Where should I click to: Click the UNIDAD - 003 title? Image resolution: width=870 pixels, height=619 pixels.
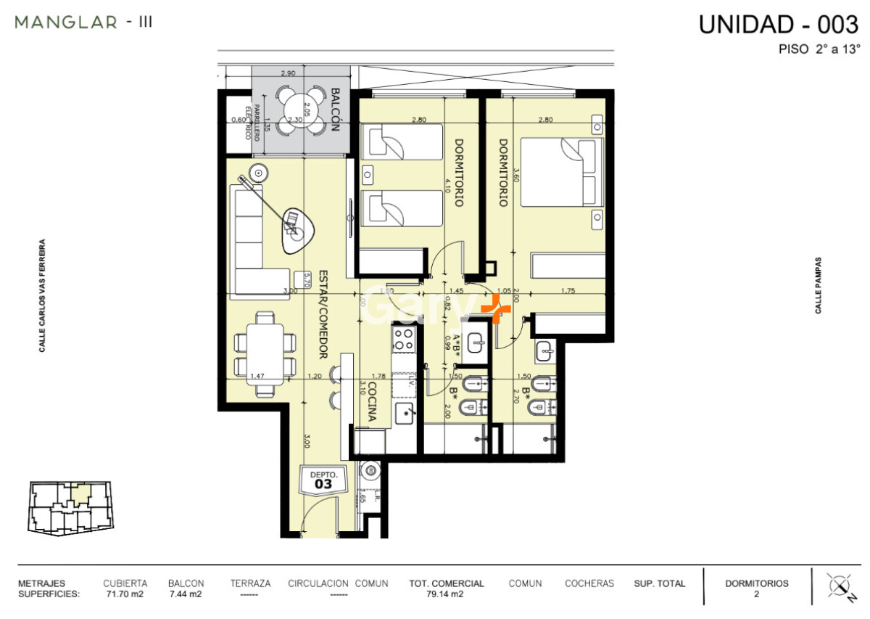(x=778, y=24)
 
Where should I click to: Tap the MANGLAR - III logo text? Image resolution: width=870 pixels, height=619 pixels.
(x=83, y=22)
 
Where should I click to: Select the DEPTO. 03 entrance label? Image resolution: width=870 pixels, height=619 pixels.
(x=323, y=479)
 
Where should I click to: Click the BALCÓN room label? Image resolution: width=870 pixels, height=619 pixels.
(x=335, y=109)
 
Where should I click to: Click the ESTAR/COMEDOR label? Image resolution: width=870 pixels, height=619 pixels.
(x=323, y=315)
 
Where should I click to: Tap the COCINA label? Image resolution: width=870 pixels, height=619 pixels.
(x=371, y=403)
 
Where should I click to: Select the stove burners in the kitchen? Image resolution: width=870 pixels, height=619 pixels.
(x=403, y=338)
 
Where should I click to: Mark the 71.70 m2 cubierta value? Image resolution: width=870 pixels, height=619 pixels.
(x=125, y=594)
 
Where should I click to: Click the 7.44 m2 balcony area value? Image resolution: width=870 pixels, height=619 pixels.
(x=186, y=594)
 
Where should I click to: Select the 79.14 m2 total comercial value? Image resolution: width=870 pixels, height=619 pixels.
(x=446, y=594)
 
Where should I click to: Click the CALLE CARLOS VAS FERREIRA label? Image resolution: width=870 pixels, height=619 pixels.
(x=43, y=296)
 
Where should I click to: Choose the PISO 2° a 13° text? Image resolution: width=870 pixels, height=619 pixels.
(x=819, y=50)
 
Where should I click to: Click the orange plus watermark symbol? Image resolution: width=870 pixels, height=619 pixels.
(x=496, y=309)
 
